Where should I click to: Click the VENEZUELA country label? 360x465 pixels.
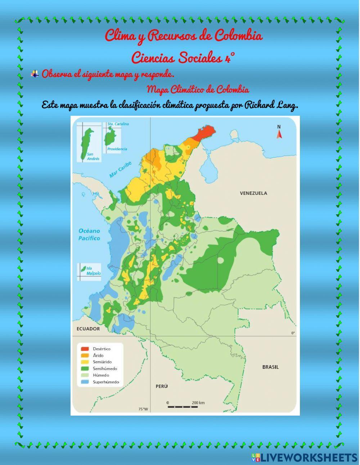(x=253, y=193)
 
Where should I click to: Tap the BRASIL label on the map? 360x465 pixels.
(x=270, y=367)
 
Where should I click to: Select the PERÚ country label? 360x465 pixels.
(x=162, y=386)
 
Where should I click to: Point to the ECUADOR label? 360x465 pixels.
(x=88, y=328)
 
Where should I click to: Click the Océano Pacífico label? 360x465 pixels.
(x=89, y=234)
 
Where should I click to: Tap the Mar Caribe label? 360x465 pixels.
(x=121, y=169)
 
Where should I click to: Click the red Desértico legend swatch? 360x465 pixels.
(x=85, y=349)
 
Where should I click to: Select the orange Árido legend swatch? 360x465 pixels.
(x=85, y=356)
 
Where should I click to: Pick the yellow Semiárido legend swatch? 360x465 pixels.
(x=85, y=362)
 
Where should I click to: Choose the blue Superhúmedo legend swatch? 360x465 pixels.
(x=85, y=382)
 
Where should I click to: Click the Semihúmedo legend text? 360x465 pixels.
(x=105, y=368)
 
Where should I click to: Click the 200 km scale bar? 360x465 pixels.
(x=183, y=407)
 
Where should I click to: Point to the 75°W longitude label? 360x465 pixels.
(x=143, y=409)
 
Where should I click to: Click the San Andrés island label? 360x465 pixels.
(x=93, y=156)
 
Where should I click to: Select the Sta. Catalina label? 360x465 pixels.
(x=118, y=124)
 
